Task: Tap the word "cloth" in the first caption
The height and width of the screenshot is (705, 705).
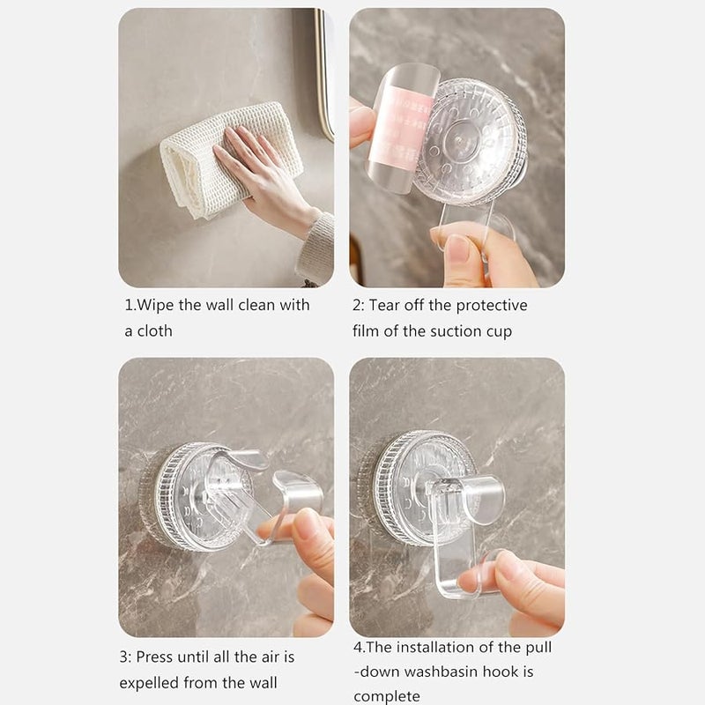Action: click(155, 331)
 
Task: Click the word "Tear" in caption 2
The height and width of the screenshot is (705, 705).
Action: click(385, 305)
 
